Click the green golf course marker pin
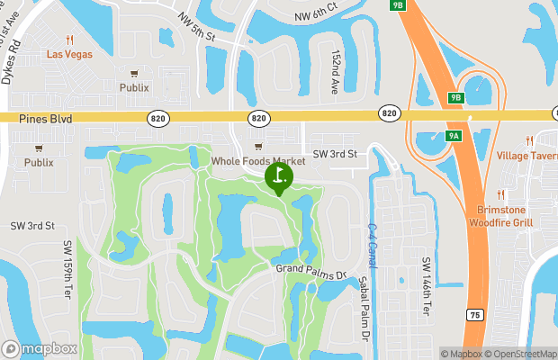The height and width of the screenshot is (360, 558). point(279,176)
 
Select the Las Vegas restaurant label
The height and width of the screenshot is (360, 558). point(70,53)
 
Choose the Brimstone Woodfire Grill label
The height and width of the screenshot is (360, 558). point(505,216)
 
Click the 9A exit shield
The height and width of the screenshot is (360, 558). point(454,136)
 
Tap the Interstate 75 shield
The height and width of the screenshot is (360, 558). point(474,315)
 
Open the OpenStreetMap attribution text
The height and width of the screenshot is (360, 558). point(521,354)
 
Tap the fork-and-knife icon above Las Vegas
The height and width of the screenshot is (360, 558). point(70,40)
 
